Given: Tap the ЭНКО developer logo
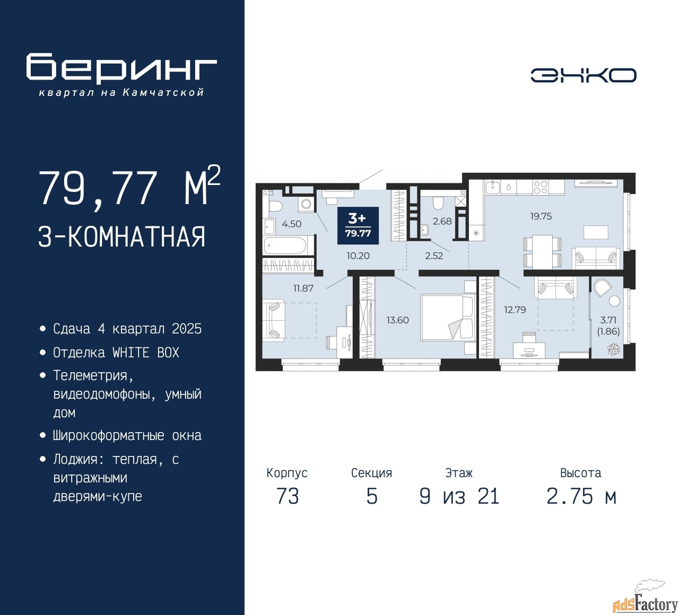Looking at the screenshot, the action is click(x=583, y=75).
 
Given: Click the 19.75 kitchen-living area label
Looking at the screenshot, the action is click(x=541, y=216).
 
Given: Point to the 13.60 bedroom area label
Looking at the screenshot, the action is click(x=398, y=320).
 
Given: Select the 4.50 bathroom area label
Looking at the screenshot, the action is click(x=291, y=224).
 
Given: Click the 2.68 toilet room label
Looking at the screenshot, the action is click(x=442, y=221).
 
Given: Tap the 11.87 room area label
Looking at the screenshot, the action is click(x=303, y=288).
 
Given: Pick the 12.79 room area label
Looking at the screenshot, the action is click(x=515, y=310).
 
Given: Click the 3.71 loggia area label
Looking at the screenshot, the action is click(x=608, y=320).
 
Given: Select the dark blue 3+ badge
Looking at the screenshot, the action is click(x=358, y=225).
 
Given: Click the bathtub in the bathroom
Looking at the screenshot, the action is click(x=285, y=245).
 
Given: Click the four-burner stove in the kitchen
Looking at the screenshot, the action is click(x=540, y=187).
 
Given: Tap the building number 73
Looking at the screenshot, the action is click(x=288, y=497).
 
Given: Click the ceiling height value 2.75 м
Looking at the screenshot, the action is click(x=581, y=497).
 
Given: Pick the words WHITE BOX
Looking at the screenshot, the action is click(x=146, y=353).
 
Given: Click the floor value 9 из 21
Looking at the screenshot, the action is click(x=459, y=497).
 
